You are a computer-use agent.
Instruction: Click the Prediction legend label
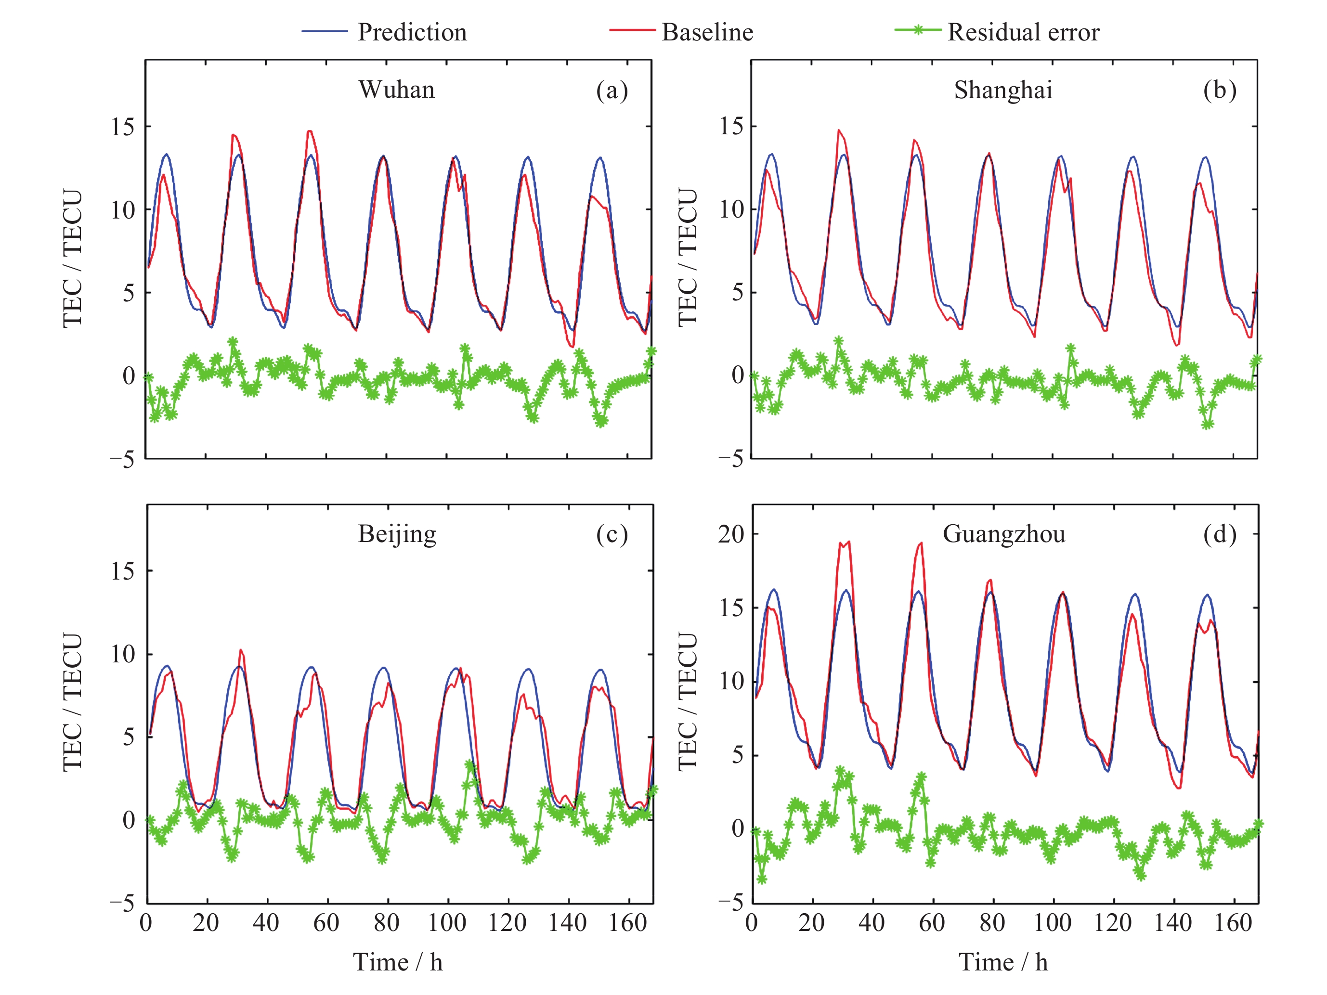coord(412,32)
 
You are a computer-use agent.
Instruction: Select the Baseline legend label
coord(707,32)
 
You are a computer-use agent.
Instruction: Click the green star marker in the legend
coord(917,30)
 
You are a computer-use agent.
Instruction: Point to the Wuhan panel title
coord(397,90)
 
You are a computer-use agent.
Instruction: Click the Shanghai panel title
coord(1003,90)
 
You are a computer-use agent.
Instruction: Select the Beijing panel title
coord(397,534)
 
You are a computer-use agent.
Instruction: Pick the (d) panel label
coord(1219,534)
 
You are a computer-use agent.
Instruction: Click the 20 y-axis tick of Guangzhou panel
coord(731,534)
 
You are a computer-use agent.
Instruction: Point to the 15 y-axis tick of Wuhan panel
coord(122,127)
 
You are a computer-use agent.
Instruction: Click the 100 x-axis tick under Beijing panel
coord(447,923)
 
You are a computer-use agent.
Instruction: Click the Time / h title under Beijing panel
coord(397,963)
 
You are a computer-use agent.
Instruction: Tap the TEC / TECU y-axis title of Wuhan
coord(72,258)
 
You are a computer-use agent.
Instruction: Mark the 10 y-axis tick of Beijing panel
coord(122,654)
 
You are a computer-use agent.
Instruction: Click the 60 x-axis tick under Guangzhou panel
coord(932,923)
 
